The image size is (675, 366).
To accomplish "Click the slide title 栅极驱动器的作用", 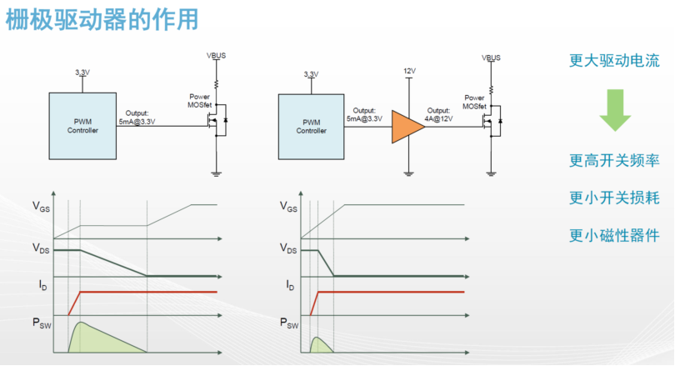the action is (102, 20).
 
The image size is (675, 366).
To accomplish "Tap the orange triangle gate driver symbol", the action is (406, 127).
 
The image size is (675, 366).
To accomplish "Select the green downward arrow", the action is (615, 110).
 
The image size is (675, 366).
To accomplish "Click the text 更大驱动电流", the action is (614, 61).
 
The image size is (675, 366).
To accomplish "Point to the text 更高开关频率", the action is (614, 161).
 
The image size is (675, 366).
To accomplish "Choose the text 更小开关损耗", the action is (614, 198).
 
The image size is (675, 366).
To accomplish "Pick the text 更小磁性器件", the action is (614, 236).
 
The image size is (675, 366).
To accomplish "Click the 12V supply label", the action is (409, 71).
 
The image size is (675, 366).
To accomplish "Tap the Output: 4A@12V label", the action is (438, 114).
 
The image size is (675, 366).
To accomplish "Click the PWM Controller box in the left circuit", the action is (82, 126).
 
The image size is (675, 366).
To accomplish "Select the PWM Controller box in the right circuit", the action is (311, 127).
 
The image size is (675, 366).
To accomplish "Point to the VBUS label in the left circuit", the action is (216, 56).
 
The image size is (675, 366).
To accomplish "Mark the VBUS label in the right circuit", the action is (491, 58).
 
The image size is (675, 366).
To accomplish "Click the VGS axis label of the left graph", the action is (42, 206).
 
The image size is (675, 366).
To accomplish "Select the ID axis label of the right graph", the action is (290, 285).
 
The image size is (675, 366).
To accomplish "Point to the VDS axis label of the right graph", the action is (288, 248).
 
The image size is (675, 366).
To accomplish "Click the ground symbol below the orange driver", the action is (409, 173).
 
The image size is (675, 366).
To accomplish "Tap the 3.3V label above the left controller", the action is (82, 73).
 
